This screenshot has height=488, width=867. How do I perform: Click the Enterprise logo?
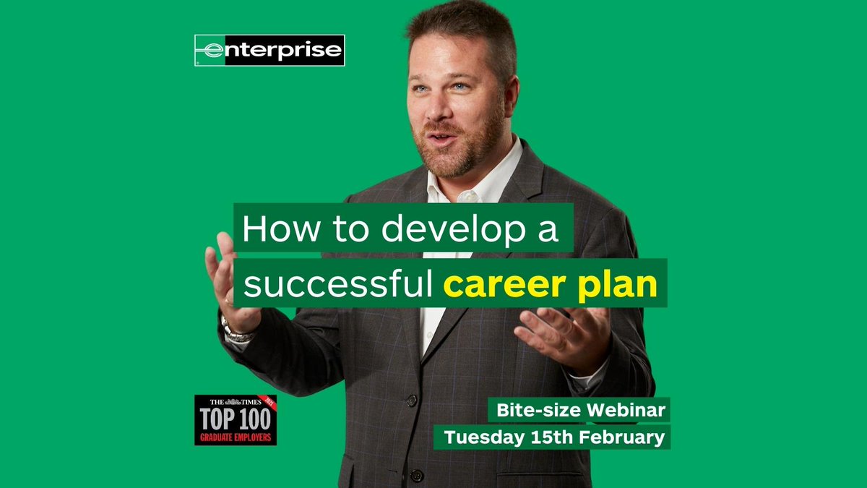[x=269, y=51]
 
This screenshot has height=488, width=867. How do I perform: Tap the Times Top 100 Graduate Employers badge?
[x=236, y=419]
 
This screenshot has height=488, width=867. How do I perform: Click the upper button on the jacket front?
[x=412, y=400]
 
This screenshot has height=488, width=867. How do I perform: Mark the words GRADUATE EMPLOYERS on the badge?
[x=236, y=437]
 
